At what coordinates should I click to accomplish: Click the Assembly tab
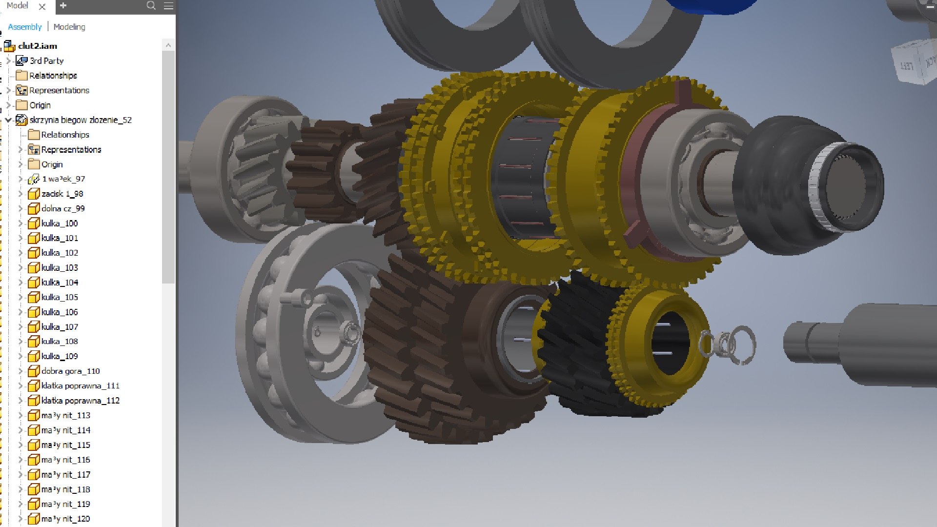pyautogui.click(x=24, y=27)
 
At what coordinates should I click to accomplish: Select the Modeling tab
pyautogui.click(x=69, y=27)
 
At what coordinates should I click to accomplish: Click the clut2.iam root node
pyautogui.click(x=38, y=46)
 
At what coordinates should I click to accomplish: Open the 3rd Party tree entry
pyautogui.click(x=46, y=61)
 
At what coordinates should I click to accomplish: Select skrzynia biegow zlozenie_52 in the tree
pyautogui.click(x=81, y=120)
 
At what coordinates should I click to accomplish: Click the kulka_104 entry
pyautogui.click(x=60, y=283)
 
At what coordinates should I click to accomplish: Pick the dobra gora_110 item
pyautogui.click(x=70, y=371)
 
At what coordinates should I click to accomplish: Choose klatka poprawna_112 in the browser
pyautogui.click(x=80, y=401)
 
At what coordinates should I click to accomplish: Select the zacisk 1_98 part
pyautogui.click(x=62, y=194)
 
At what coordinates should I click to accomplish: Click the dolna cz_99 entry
pyautogui.click(x=63, y=208)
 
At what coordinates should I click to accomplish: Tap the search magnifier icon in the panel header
pyautogui.click(x=151, y=6)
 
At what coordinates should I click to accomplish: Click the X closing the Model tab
pyautogui.click(x=42, y=6)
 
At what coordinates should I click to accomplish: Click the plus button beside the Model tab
pyautogui.click(x=63, y=6)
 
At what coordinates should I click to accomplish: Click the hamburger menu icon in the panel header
pyautogui.click(x=168, y=6)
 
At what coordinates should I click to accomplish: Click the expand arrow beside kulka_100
pyautogui.click(x=20, y=223)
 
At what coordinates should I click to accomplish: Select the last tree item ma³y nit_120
pyautogui.click(x=65, y=519)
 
